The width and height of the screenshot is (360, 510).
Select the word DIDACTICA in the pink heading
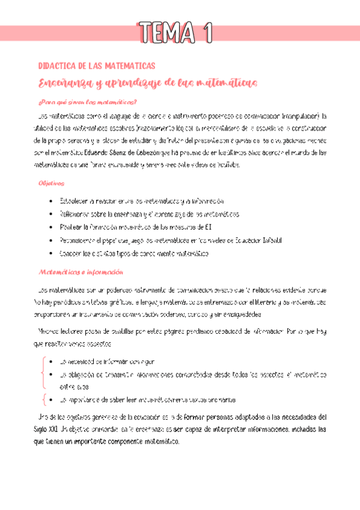click(56, 66)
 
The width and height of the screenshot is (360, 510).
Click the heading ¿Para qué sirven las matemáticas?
click(87, 102)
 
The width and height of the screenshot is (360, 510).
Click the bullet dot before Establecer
click(48, 201)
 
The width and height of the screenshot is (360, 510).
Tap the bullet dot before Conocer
click(48, 254)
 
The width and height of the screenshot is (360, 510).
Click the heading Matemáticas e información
click(76, 271)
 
